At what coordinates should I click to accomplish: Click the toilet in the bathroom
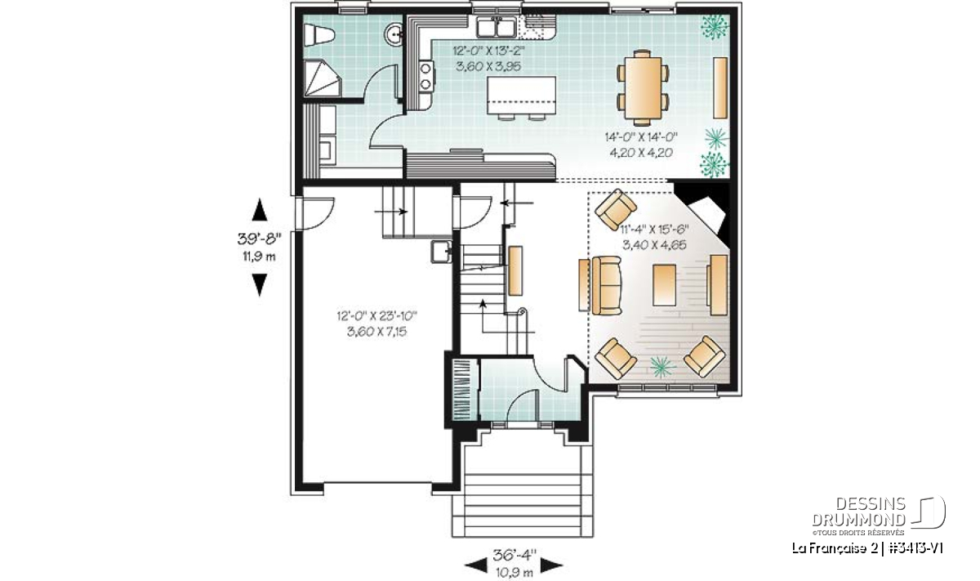tap(318, 34)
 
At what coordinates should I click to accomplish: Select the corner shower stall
tap(322, 78)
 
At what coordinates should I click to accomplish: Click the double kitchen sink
tap(496, 27)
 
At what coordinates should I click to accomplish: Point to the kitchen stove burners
tap(425, 76)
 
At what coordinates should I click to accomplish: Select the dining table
tap(643, 87)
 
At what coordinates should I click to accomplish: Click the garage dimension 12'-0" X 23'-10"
tap(376, 315)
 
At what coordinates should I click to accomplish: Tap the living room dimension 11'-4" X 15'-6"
tap(654, 230)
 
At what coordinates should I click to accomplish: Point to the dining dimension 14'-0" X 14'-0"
tap(641, 137)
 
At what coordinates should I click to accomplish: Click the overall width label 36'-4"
tap(514, 556)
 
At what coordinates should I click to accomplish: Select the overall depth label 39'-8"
tap(260, 239)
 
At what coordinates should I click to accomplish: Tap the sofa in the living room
tap(607, 285)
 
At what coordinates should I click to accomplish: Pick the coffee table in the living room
tap(664, 285)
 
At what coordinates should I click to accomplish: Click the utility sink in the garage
tap(442, 252)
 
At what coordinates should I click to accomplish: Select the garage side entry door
tap(315, 213)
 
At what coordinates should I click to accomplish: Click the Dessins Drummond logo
tap(879, 515)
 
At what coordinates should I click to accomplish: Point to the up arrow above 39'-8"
tap(260, 210)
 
